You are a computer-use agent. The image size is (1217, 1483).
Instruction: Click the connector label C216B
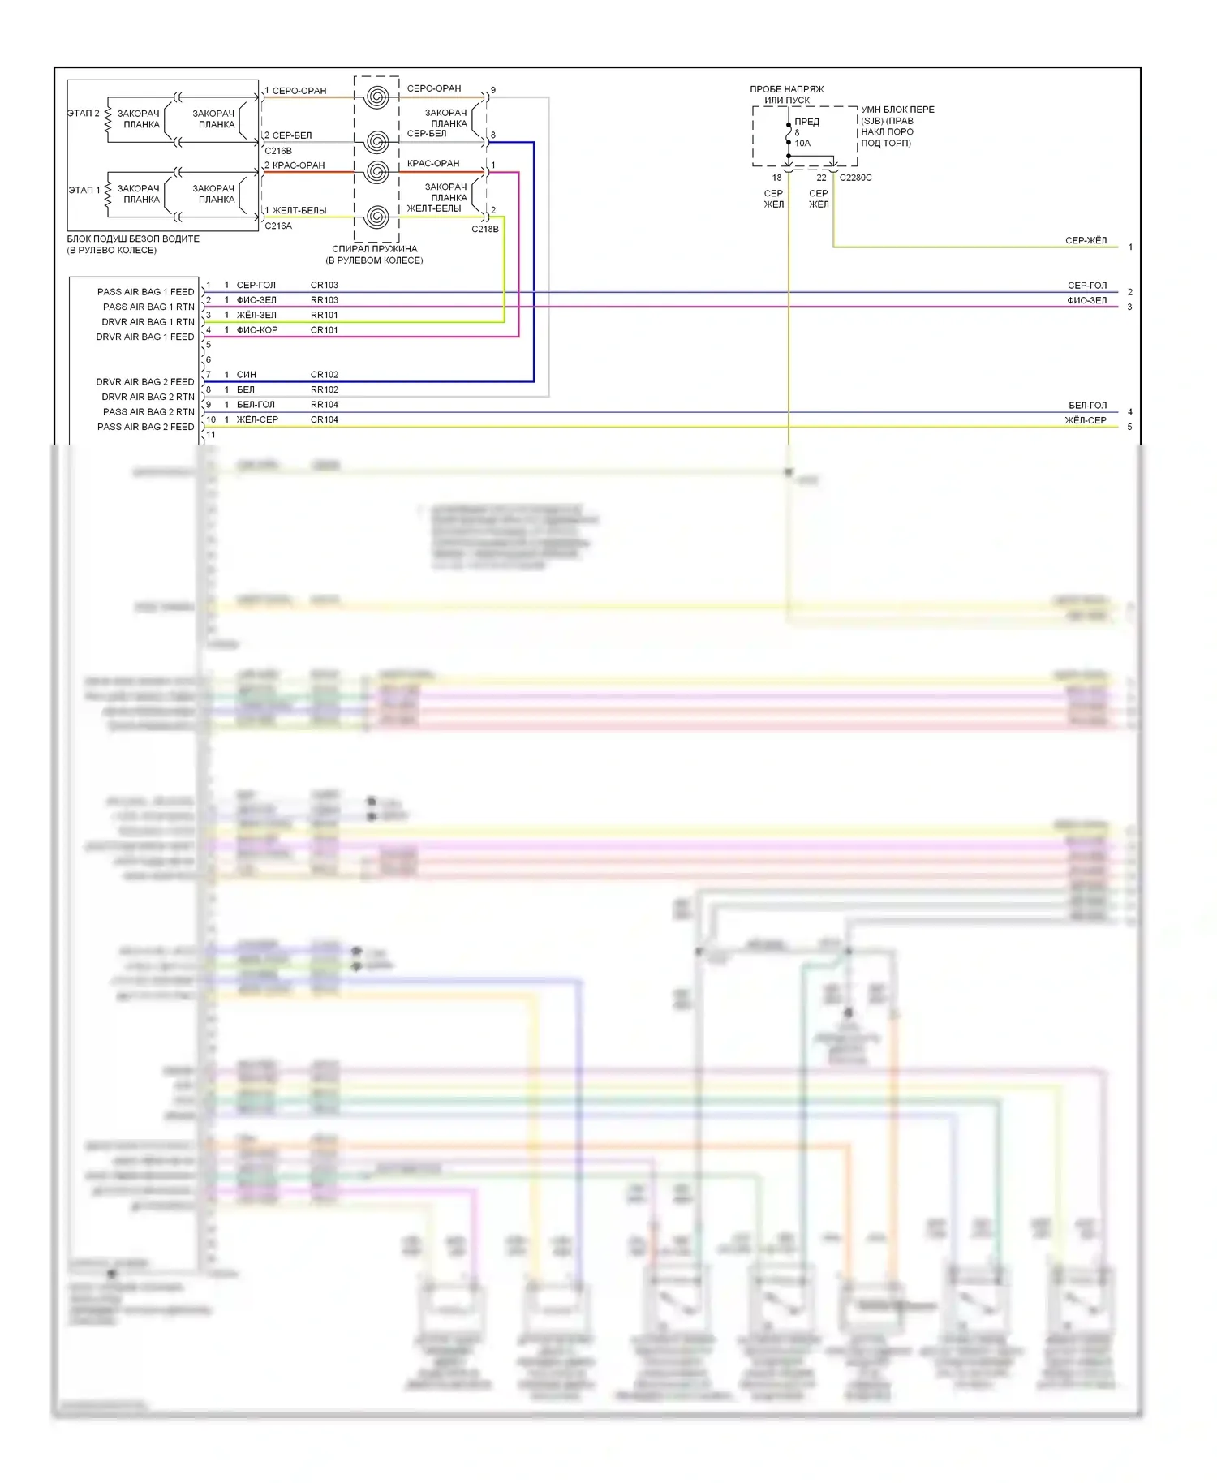[x=278, y=151]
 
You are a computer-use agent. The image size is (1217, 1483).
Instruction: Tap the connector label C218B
[x=485, y=229]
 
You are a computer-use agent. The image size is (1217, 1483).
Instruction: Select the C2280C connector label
[x=856, y=178]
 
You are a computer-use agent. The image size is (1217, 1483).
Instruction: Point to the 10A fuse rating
[x=802, y=144]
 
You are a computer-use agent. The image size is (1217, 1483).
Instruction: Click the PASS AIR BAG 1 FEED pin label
[x=146, y=292]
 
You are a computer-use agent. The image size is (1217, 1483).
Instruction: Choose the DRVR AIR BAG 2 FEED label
[x=145, y=382]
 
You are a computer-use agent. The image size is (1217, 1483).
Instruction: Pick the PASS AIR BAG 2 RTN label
[x=148, y=412]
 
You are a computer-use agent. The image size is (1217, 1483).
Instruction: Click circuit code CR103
[x=325, y=286]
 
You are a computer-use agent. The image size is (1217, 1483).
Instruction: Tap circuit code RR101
[x=325, y=316]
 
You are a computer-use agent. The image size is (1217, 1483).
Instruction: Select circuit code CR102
[x=325, y=375]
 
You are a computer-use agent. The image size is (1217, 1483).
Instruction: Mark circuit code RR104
[x=325, y=405]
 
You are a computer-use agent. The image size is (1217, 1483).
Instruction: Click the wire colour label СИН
[x=246, y=375]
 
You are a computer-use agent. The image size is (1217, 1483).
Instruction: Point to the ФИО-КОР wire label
[x=256, y=330]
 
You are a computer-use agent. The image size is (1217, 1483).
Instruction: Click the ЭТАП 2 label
[x=84, y=114]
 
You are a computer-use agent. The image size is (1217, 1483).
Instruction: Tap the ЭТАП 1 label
[x=84, y=191]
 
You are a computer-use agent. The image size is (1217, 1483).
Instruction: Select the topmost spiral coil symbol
[x=376, y=97]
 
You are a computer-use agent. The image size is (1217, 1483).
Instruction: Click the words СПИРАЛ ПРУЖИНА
[x=375, y=249]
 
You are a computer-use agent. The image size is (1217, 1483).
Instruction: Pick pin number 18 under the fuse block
[x=776, y=178]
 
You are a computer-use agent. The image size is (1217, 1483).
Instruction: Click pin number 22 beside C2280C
[x=821, y=178]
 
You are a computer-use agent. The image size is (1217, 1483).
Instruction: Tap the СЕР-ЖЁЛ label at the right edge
[x=1086, y=241]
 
